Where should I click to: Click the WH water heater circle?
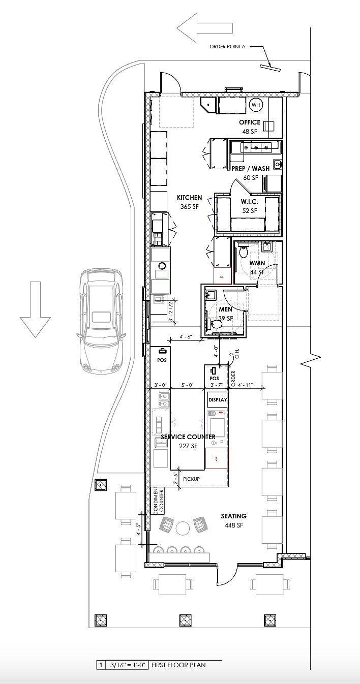point(256,105)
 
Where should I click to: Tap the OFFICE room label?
point(250,122)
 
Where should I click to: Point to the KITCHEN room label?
point(189,198)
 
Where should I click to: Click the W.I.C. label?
point(249,202)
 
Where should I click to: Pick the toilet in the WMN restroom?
point(243,252)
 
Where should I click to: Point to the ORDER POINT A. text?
point(228,47)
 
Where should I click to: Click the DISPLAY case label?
point(217,400)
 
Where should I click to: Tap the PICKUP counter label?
point(191,479)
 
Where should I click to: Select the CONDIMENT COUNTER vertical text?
point(159,501)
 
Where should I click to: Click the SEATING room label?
point(233,516)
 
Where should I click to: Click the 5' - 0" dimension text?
point(188,385)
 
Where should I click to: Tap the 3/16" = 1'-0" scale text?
point(126,665)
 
